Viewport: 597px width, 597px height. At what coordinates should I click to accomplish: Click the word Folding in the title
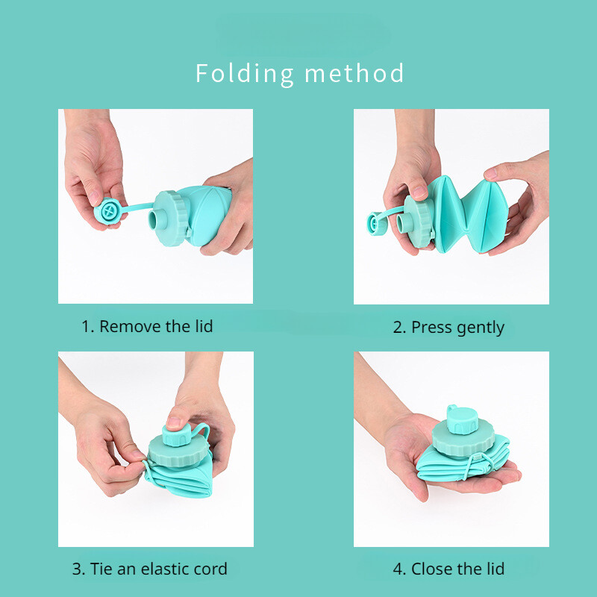(x=245, y=74)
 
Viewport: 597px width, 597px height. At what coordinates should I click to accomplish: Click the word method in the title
(x=354, y=73)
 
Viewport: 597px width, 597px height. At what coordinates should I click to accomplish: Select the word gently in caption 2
(x=481, y=328)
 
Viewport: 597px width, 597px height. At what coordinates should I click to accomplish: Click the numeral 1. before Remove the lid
(x=87, y=327)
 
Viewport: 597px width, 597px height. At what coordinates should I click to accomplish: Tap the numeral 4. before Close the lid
(x=400, y=569)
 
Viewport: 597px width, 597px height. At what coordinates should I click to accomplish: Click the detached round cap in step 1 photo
(x=108, y=210)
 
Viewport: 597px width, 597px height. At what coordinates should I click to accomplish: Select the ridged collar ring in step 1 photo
(x=171, y=218)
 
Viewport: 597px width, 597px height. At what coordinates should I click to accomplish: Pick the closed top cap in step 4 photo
(x=462, y=420)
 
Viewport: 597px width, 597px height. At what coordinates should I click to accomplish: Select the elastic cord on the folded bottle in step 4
(x=477, y=463)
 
